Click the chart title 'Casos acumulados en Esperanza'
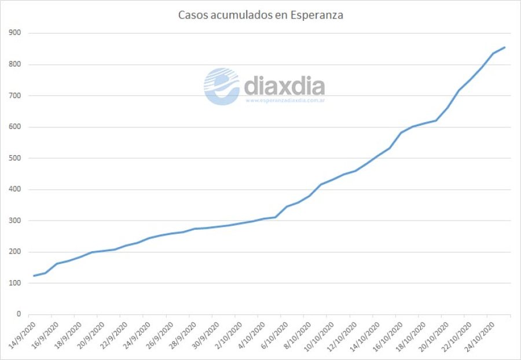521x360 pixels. click(260, 15)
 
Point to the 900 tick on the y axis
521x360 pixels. click(15, 33)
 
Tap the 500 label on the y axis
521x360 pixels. click(15, 158)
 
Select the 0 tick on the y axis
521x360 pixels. click(19, 314)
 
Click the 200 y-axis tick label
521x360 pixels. click(15, 252)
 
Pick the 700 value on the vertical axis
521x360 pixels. click(15, 95)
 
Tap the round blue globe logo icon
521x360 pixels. click(221, 86)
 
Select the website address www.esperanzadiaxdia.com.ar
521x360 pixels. click(284, 101)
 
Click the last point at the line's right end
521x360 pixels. click(505, 47)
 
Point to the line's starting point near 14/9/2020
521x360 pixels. click(34, 275)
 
